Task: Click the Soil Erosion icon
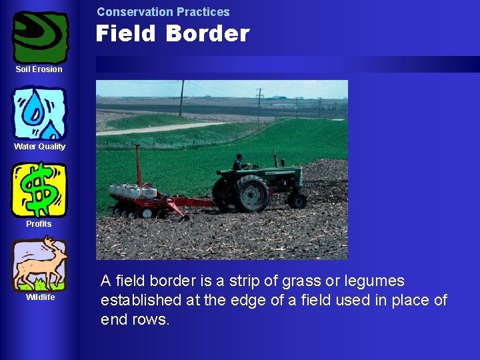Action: (x=40, y=37)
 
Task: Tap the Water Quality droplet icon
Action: (x=40, y=113)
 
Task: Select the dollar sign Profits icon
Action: (x=39, y=190)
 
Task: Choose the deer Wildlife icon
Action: (x=40, y=264)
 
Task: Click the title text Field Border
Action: (x=172, y=34)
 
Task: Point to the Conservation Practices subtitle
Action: (x=163, y=12)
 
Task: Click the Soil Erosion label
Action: (x=39, y=69)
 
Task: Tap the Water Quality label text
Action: (x=39, y=147)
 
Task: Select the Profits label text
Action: (x=39, y=224)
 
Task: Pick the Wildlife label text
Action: (x=40, y=297)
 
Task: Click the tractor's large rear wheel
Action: (x=251, y=193)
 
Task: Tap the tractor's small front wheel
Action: (x=297, y=200)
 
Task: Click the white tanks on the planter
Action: (x=133, y=191)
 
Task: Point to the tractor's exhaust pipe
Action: (x=275, y=159)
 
